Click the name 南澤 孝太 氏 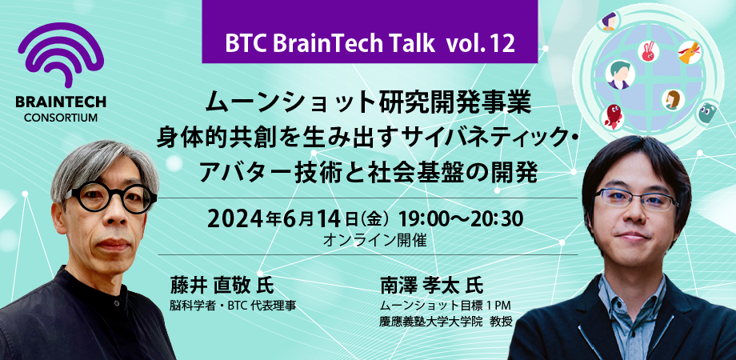tap(433, 286)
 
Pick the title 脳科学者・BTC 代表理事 tap(233, 305)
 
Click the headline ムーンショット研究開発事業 tap(368, 102)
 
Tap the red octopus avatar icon tap(612, 117)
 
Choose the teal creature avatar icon tap(706, 113)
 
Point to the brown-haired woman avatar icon tap(672, 99)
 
